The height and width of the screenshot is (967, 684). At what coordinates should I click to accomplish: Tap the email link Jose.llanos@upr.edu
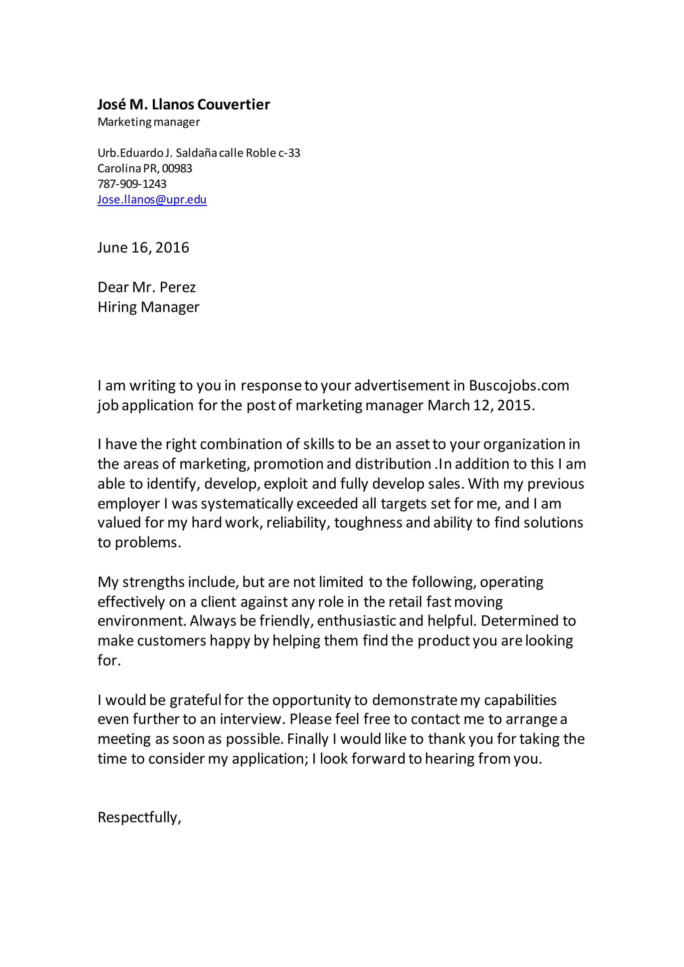(x=152, y=199)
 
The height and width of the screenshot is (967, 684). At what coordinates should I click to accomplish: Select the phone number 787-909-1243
(x=132, y=184)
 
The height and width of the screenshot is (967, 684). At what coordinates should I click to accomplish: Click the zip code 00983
(x=177, y=169)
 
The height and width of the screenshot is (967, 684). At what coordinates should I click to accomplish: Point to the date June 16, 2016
(x=143, y=248)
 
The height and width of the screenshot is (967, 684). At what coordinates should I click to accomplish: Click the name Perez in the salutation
(x=178, y=287)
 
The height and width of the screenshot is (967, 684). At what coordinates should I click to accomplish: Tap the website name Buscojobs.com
(x=519, y=385)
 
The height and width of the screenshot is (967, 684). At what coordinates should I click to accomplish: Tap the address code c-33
(x=289, y=153)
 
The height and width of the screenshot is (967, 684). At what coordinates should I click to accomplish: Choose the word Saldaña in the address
(x=196, y=153)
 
